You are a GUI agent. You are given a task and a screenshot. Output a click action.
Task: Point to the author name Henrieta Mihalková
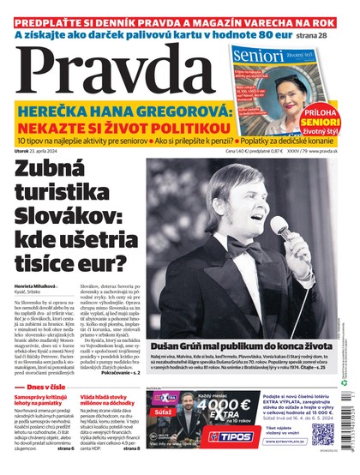click(x=34, y=285)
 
